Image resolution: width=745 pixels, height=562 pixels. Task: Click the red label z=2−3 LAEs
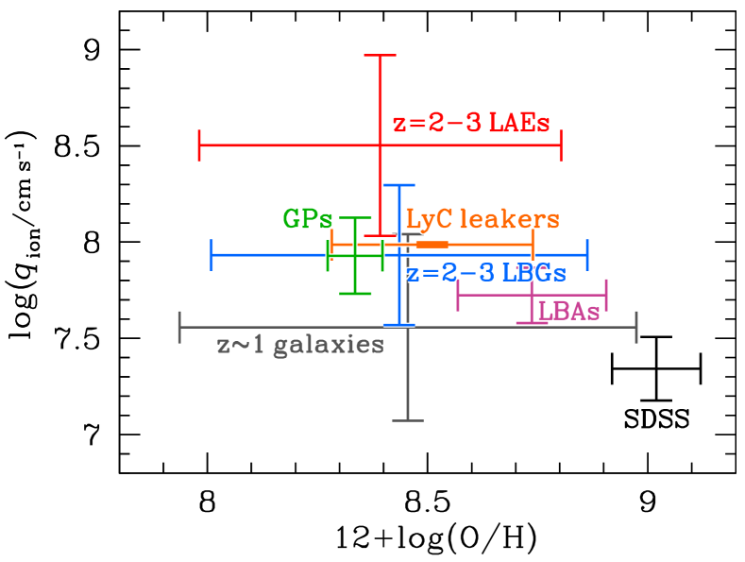pos(471,124)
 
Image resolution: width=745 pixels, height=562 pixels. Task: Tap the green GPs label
pos(308,219)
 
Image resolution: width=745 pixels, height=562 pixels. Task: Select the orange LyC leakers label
pos(483,219)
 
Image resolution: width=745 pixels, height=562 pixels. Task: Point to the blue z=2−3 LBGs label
pos(486,273)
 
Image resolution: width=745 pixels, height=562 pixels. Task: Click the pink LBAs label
pos(568,311)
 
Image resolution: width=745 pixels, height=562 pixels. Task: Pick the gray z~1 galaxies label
pos(300,345)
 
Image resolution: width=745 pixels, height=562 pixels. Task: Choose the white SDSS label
pos(656,419)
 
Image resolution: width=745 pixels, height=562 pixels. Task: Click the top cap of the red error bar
pos(380,55)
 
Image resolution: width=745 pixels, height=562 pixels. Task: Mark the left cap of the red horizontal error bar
pos(199,145)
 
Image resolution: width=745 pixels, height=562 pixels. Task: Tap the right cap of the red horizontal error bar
pos(562,145)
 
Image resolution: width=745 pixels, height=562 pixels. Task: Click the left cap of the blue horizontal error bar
pos(211,255)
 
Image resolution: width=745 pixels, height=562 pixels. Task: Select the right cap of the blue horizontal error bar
pos(587,255)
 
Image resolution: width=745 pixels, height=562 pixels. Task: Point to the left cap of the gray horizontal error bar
pos(180,327)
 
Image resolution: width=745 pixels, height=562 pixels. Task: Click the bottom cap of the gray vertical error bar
pos(407,419)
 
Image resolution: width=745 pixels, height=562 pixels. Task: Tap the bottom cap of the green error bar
pos(355,293)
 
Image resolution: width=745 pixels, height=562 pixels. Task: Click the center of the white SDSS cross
pos(655,367)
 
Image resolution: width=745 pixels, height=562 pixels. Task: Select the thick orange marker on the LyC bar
pos(432,245)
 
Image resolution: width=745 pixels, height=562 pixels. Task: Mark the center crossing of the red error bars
pos(380,145)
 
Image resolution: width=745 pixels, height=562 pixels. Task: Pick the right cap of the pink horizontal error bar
pos(606,295)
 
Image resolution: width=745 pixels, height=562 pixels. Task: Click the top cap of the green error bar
pos(355,217)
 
